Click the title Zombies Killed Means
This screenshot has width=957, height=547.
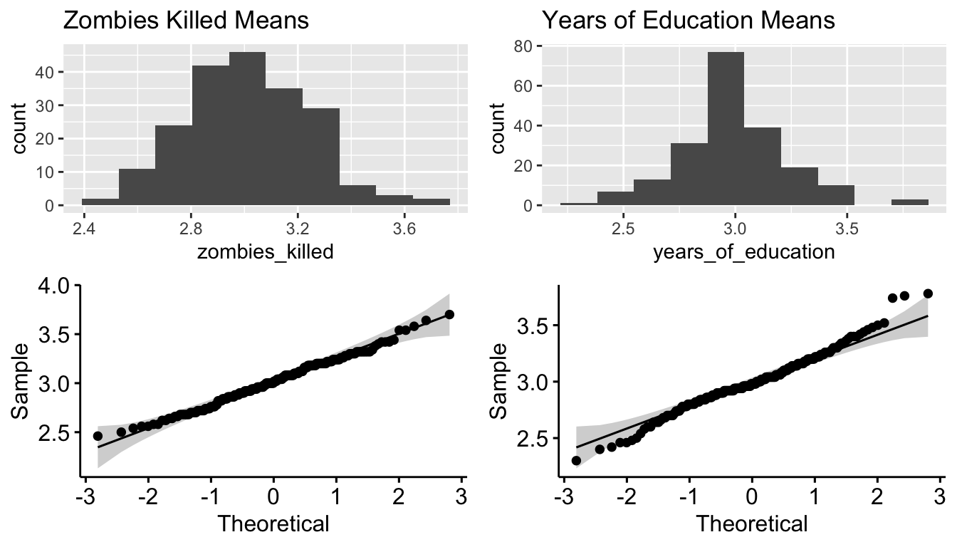tap(187, 20)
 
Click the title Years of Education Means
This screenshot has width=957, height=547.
tap(688, 20)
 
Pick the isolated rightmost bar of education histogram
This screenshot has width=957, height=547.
tap(909, 203)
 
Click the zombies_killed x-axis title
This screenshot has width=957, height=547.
tap(265, 251)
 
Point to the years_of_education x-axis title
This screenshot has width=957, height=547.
tap(743, 251)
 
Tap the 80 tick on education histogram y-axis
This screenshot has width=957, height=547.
tap(523, 46)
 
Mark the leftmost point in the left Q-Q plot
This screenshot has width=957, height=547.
tap(98, 436)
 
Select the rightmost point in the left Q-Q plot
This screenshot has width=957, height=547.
tap(449, 314)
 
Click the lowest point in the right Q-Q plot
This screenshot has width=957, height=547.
tap(576, 460)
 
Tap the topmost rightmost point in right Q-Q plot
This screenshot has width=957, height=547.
tap(928, 293)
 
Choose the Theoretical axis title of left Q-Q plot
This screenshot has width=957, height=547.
tap(273, 524)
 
